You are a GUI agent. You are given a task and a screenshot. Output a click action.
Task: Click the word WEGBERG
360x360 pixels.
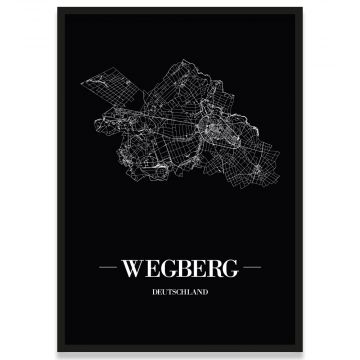click(x=180, y=270)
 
